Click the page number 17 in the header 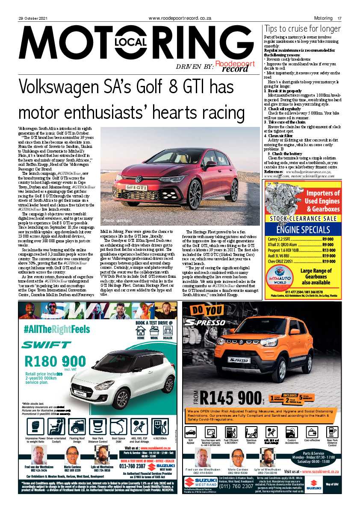tap(339, 18)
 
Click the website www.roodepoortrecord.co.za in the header tap(180, 18)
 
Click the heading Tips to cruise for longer tap(302, 29)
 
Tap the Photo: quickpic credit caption tap(115, 221)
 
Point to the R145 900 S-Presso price tap(227, 398)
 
